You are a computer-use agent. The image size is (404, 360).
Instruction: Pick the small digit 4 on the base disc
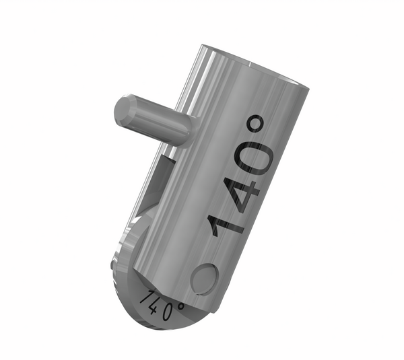pos(154,307)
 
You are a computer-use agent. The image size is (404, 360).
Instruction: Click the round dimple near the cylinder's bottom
pos(204,278)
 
